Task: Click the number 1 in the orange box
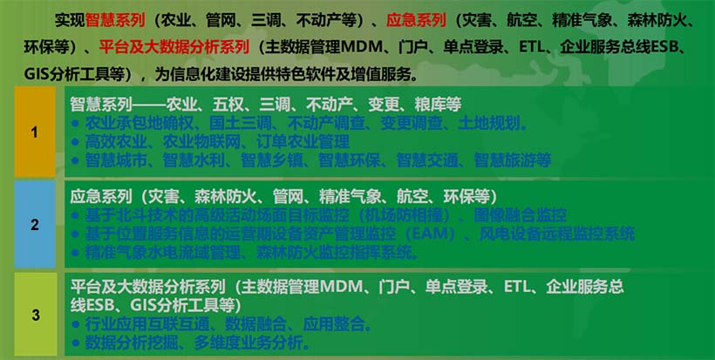tap(35, 132)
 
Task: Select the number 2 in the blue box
tap(35, 225)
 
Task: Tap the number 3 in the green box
tap(35, 315)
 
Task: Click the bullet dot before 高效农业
tap(75, 141)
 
